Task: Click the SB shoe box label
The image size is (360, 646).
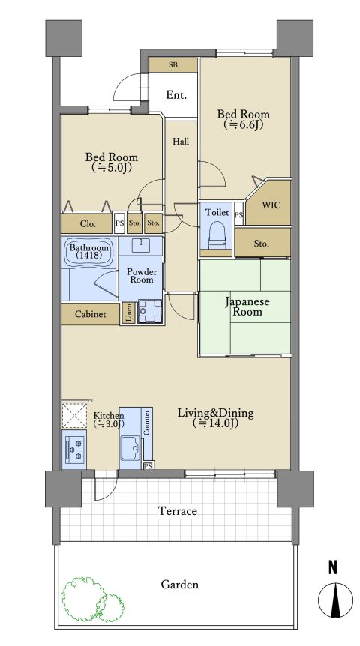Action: [x=173, y=64]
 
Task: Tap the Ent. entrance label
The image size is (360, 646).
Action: [x=176, y=95]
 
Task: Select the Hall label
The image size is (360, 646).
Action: [x=181, y=142]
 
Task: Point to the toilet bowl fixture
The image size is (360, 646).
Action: [x=217, y=235]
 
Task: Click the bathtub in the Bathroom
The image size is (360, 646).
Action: [x=88, y=252]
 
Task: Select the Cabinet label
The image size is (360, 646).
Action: [x=90, y=314]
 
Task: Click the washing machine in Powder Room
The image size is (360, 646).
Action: [x=149, y=311]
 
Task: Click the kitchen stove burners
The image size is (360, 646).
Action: [x=74, y=449]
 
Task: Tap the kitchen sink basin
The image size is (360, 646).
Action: [x=131, y=448]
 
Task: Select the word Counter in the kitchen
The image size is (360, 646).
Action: [x=146, y=422]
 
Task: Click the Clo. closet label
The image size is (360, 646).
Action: [x=88, y=224]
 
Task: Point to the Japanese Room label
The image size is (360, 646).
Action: [x=247, y=306]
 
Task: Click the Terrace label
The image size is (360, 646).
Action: [x=178, y=511]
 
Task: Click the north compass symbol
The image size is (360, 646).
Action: [x=335, y=600]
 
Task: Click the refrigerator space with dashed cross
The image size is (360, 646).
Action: [x=74, y=416]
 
